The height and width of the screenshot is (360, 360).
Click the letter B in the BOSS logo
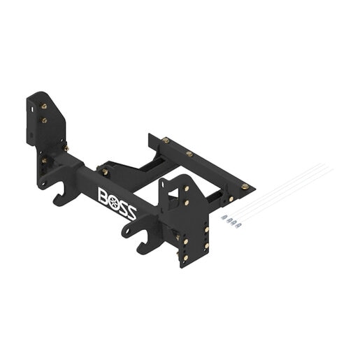pos(103,196)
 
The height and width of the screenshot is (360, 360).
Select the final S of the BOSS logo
pos(131,213)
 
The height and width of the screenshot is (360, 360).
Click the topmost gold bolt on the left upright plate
pos(44,106)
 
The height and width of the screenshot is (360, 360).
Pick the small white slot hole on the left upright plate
pos(32,109)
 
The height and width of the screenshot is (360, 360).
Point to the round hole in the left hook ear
pos(43,183)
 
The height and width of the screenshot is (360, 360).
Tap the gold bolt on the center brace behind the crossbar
pos(105,172)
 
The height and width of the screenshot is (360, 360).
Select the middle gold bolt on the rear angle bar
pos(189,154)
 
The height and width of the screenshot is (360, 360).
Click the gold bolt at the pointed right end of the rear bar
pos(245,186)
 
